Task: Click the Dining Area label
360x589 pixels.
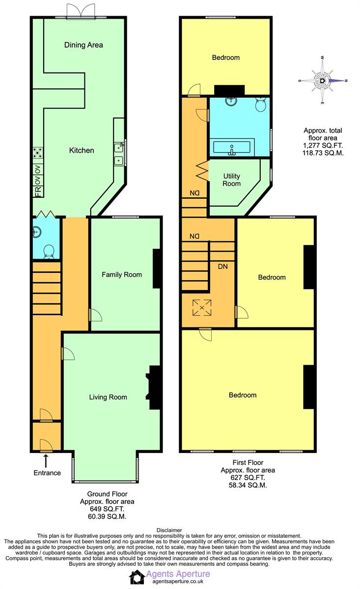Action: (x=83, y=45)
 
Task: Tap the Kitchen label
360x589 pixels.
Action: (x=82, y=150)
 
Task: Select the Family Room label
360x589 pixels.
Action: (x=122, y=274)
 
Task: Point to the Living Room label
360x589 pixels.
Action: (x=108, y=397)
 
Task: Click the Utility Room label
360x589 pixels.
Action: (x=232, y=180)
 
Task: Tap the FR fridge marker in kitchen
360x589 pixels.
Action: (x=38, y=192)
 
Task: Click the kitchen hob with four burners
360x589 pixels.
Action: (x=38, y=153)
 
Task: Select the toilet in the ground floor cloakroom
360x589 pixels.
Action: (x=49, y=252)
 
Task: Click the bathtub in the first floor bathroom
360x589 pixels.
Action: (x=232, y=147)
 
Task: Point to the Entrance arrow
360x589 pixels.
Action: (x=46, y=461)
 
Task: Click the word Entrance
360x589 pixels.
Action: (x=47, y=473)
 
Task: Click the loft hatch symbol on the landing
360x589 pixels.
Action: (x=202, y=307)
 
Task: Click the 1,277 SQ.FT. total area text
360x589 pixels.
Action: (x=323, y=145)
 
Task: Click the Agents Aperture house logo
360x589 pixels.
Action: (x=137, y=577)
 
